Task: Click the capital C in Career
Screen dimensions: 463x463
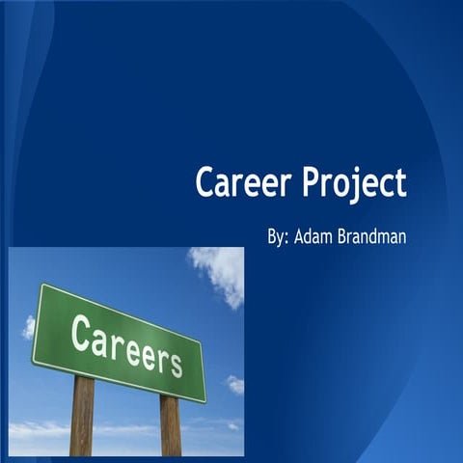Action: tap(204, 181)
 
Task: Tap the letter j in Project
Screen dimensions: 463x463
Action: tap(359, 185)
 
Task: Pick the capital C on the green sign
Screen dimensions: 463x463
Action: tap(81, 332)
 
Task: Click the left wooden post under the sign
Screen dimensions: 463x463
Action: tap(83, 415)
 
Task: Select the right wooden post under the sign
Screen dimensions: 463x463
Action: tap(171, 424)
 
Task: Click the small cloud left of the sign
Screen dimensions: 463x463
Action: tap(29, 327)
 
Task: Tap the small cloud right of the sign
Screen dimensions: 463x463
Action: tap(234, 384)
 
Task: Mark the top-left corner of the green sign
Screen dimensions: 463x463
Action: tap(40, 286)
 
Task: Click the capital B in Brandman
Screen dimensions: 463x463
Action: tap(347, 235)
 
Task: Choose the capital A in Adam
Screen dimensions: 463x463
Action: tap(301, 235)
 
